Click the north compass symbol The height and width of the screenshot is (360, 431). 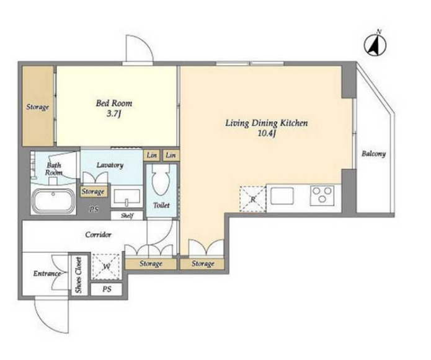tap(375, 45)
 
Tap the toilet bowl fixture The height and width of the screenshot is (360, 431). tap(161, 180)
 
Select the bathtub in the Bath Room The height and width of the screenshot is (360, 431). tap(53, 200)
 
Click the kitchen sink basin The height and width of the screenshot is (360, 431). tap(282, 196)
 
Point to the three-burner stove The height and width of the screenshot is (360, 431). tap(322, 196)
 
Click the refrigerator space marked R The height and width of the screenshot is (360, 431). tap(253, 199)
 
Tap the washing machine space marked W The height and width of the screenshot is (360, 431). tap(107, 266)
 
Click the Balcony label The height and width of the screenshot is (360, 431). tap(373, 154)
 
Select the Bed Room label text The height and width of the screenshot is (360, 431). tap(114, 103)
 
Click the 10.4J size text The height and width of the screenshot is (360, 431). tap(266, 134)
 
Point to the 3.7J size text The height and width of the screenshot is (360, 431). tap(114, 113)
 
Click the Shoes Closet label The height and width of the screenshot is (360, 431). tap(79, 275)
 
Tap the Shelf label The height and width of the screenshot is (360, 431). tap(127, 216)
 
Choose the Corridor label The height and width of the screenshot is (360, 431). tap(98, 235)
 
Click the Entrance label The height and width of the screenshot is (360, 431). tap(47, 273)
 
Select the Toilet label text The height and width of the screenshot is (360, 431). tap(161, 205)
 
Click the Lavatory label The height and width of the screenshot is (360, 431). tap(110, 165)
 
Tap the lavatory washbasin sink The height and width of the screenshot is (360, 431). tap(127, 197)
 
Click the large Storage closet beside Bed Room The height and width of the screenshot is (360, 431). tap(38, 106)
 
